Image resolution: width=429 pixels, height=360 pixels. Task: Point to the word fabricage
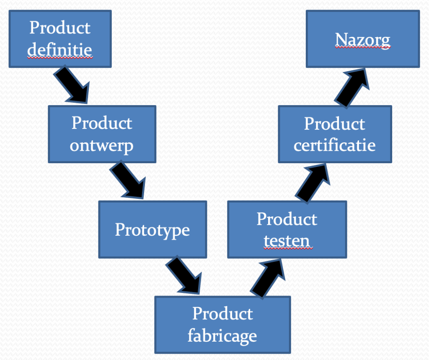click(222, 336)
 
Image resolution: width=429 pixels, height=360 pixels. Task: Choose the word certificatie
click(335, 145)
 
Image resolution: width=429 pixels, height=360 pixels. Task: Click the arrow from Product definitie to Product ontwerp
click(72, 86)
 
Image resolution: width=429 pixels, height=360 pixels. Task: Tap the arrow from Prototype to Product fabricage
click(184, 276)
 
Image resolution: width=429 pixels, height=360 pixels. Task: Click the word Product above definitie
click(60, 28)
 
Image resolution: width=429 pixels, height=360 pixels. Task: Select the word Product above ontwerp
click(102, 123)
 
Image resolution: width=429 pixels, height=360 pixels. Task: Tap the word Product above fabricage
click(222, 314)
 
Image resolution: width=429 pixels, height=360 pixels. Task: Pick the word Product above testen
click(287, 219)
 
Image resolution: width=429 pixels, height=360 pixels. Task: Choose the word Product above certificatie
click(335, 123)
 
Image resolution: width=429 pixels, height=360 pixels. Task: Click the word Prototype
click(152, 230)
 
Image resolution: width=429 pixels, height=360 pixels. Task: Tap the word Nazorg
click(363, 39)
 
